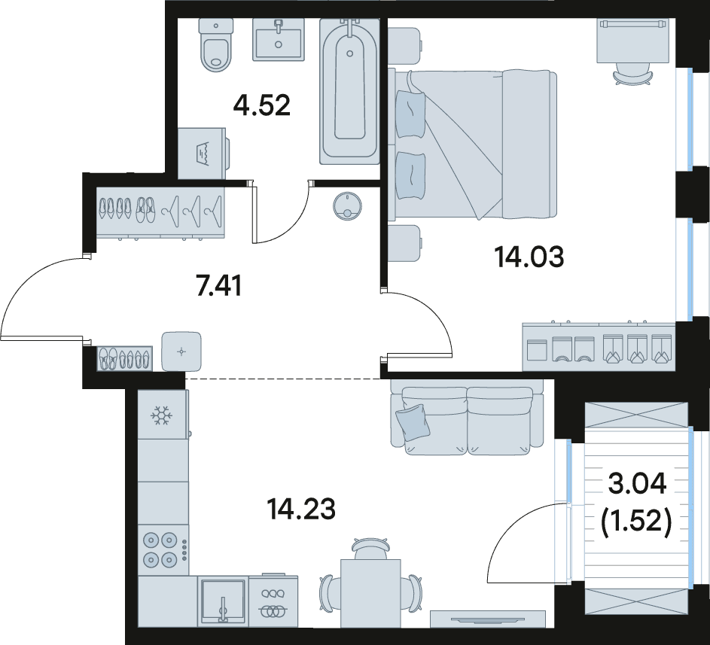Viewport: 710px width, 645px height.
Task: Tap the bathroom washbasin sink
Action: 279,39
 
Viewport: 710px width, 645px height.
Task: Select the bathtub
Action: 349,90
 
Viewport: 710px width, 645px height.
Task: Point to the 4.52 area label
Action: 262,105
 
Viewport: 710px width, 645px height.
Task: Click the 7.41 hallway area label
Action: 219,286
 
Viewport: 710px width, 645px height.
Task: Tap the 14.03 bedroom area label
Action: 529,257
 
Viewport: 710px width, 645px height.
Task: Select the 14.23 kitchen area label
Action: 301,510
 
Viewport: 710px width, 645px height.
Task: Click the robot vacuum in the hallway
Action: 347,207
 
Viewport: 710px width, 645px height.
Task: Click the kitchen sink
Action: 223,601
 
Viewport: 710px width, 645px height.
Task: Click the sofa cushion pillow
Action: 413,422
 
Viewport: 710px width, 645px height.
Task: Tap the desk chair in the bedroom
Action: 633,75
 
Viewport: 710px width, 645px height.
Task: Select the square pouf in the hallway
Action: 181,351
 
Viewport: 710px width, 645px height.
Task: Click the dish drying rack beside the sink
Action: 273,601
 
